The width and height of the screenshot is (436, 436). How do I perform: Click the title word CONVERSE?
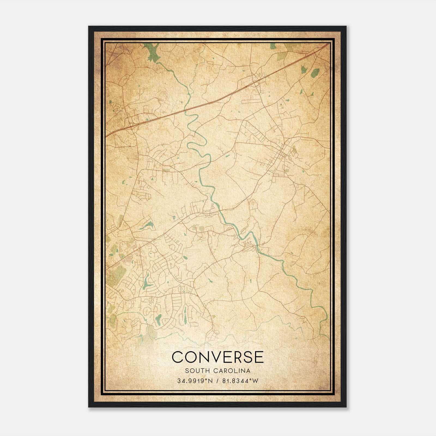pyautogui.click(x=218, y=357)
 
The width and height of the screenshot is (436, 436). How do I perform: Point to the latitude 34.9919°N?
pyautogui.click(x=194, y=381)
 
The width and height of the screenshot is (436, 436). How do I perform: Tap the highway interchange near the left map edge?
pyautogui.click(x=131, y=125)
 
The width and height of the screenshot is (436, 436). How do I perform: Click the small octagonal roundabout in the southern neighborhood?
pyautogui.click(x=181, y=288)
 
